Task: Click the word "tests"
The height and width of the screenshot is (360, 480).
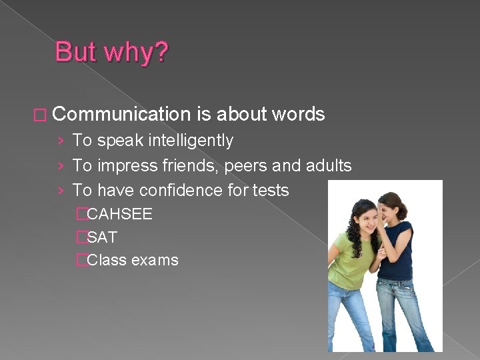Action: point(271,190)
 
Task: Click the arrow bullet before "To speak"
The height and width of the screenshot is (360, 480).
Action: point(61,141)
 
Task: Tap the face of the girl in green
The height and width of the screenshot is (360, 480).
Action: point(366,217)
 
